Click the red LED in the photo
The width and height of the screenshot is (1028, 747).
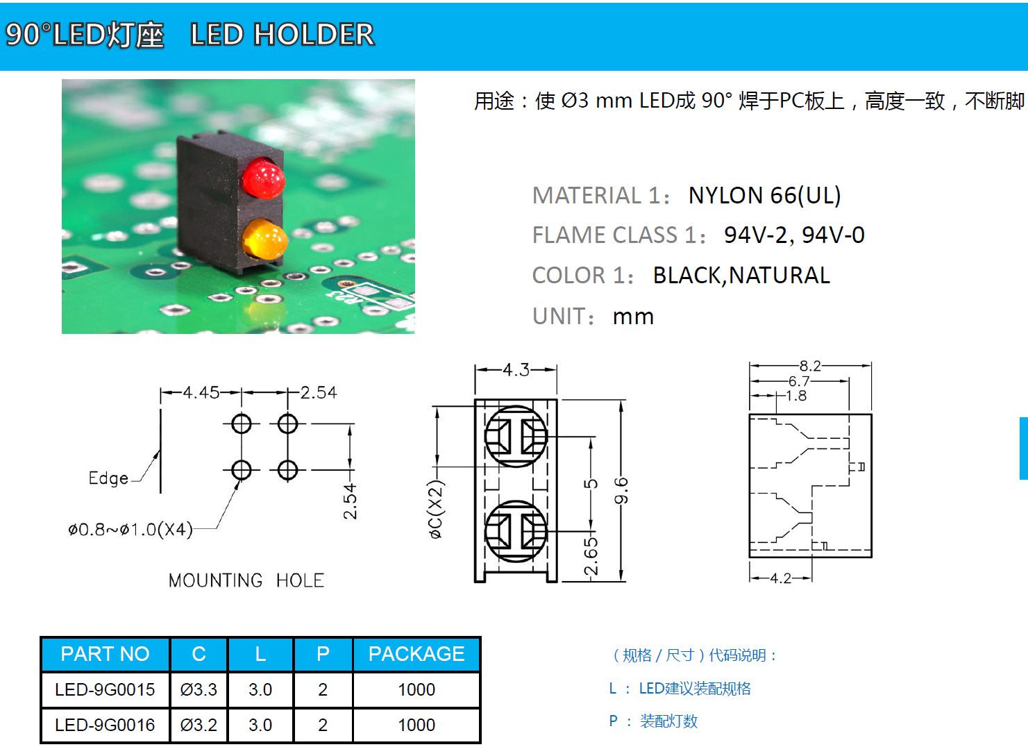tap(263, 178)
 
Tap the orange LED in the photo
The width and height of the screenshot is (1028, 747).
tap(264, 239)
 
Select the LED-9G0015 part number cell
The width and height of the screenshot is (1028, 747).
tap(105, 689)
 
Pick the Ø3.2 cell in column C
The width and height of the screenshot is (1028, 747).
tap(199, 725)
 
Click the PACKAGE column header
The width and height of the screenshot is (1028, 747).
tap(416, 654)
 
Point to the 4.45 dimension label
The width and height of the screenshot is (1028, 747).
tap(201, 393)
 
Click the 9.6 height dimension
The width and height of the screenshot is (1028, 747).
tap(621, 490)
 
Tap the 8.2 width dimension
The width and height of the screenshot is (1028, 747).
tap(809, 366)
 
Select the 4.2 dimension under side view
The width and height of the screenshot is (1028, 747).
tap(780, 578)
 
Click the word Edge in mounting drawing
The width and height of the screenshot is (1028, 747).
tap(108, 478)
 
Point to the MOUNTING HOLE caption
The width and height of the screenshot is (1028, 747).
tap(246, 580)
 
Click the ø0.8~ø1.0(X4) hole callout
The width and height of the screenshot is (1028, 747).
tap(130, 530)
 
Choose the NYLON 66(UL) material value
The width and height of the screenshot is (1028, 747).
tap(764, 196)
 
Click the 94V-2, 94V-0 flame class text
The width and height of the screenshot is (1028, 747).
tap(794, 235)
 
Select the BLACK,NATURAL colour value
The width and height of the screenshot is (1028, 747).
tap(741, 276)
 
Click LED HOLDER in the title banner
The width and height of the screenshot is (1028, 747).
tap(282, 35)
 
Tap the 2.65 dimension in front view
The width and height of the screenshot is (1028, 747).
tap(590, 556)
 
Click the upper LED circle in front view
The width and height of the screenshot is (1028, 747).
tap(516, 437)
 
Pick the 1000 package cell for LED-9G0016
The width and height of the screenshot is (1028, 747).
tap(416, 725)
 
